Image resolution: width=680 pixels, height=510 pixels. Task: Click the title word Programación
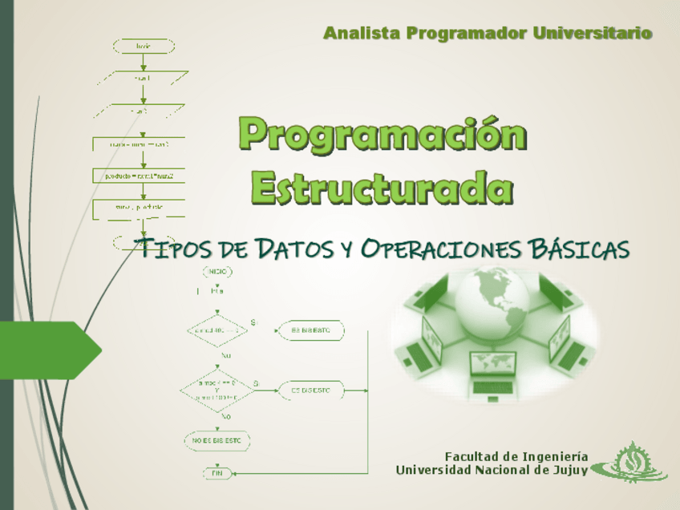click(384, 134)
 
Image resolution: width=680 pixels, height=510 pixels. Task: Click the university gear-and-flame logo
click(634, 464)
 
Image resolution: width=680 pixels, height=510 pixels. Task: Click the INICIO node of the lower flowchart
click(217, 272)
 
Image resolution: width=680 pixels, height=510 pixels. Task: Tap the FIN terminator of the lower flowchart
click(217, 473)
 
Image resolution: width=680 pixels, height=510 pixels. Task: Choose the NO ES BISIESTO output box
click(217, 440)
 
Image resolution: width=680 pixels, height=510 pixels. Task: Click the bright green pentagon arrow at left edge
click(50, 350)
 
